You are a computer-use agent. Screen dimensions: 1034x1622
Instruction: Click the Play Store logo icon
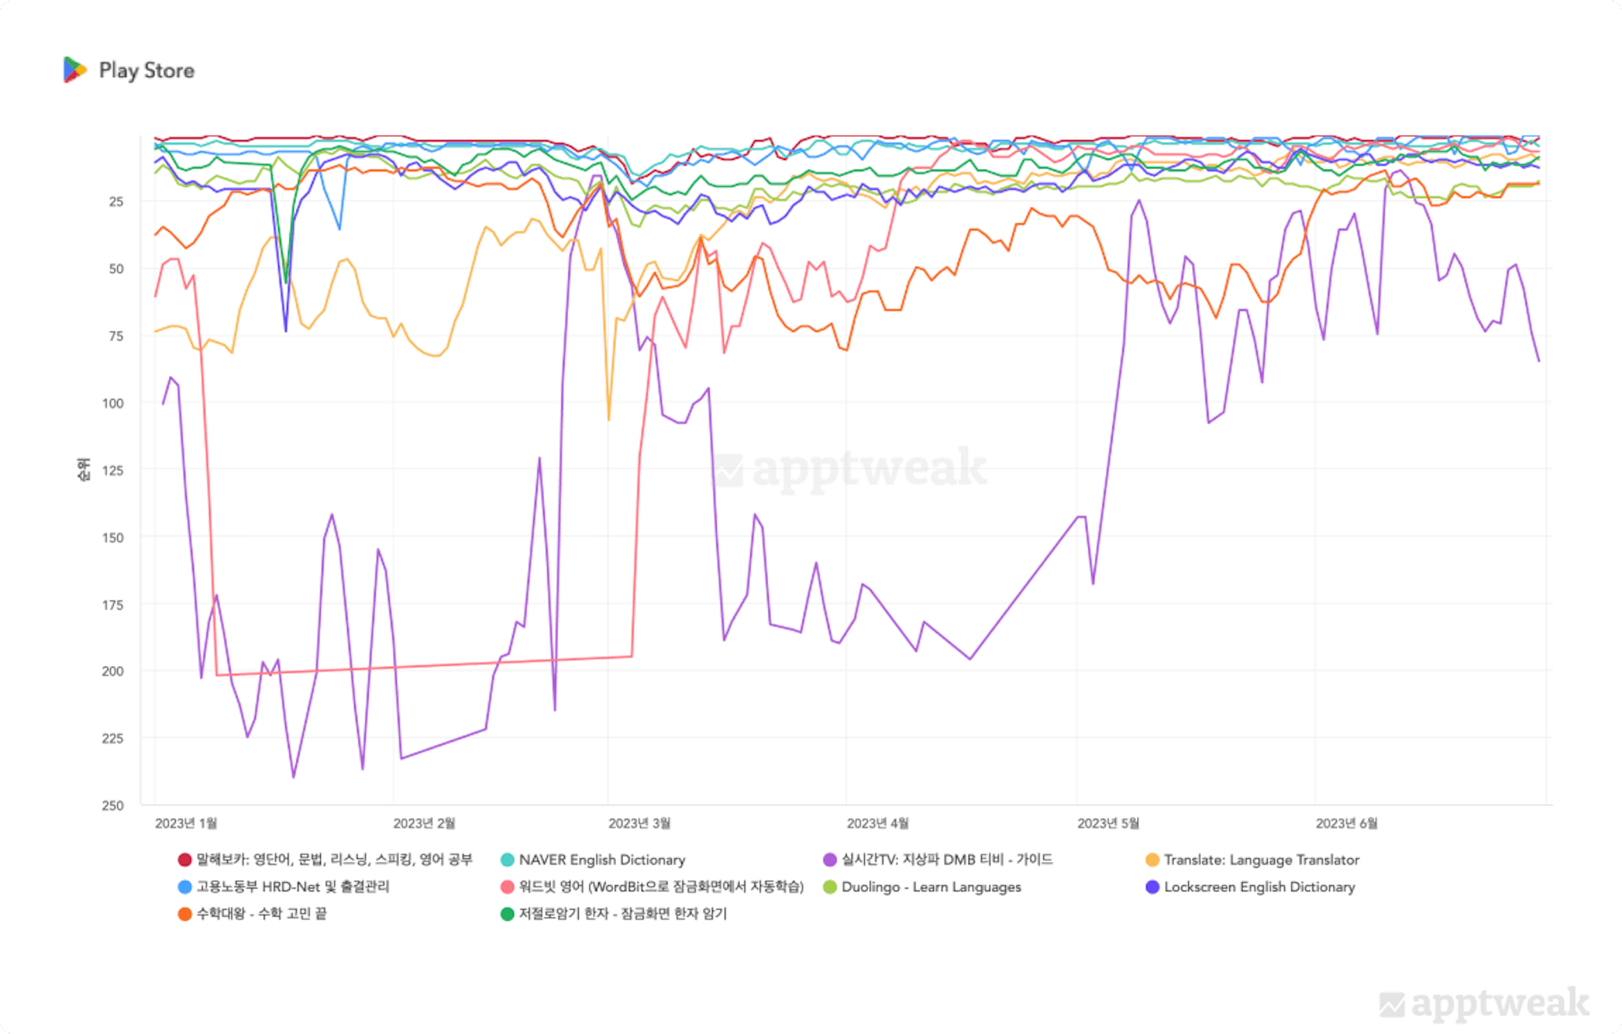click(74, 70)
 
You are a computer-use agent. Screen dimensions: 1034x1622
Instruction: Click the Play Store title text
click(147, 70)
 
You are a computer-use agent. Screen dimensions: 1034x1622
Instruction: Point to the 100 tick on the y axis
click(112, 403)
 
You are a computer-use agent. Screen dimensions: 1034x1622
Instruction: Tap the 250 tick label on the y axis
click(112, 805)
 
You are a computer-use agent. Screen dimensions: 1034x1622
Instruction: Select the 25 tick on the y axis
click(116, 202)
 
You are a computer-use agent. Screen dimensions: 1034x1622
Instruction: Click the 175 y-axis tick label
click(112, 605)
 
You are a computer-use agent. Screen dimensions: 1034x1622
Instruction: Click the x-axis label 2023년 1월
click(186, 823)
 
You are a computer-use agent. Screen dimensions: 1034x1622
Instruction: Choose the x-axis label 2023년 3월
click(639, 823)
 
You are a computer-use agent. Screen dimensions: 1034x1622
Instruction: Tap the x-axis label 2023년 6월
click(1346, 823)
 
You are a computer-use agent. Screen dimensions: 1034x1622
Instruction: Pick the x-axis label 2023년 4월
click(878, 823)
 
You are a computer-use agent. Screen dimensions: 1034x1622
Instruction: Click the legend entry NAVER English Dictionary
click(601, 860)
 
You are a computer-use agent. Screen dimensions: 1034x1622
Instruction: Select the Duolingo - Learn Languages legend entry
click(931, 887)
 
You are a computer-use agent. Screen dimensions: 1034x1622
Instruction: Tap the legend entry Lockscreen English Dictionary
click(1258, 887)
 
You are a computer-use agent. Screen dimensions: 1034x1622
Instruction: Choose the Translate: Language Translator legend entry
click(1261, 860)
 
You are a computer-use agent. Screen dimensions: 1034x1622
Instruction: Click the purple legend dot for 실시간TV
click(830, 860)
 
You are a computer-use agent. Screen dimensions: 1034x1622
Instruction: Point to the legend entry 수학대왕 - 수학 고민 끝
click(261, 914)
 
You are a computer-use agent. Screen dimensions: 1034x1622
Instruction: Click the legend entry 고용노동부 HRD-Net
click(292, 887)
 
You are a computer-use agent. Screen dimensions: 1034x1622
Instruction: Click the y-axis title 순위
click(83, 469)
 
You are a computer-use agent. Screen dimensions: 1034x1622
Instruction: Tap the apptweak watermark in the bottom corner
click(1484, 1003)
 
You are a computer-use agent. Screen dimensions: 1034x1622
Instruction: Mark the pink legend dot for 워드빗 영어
click(508, 887)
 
